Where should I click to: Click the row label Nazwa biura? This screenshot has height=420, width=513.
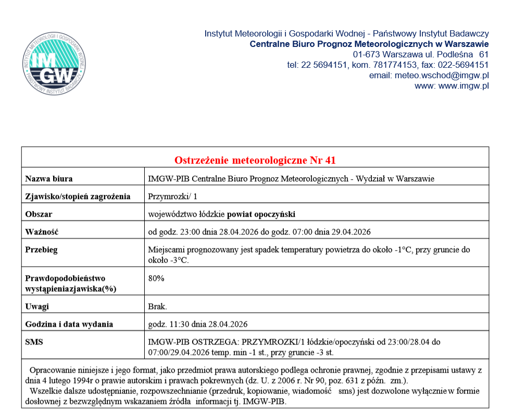point(49,179)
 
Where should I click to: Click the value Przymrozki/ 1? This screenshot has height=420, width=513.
point(172,196)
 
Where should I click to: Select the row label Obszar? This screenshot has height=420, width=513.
point(39,214)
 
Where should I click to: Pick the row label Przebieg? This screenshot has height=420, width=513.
point(41,250)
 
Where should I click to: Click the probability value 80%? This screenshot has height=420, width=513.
point(156,278)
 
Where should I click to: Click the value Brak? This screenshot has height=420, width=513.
point(158,306)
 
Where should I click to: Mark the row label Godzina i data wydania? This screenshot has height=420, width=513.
point(69,324)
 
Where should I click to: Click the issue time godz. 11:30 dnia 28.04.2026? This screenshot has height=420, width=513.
point(198,324)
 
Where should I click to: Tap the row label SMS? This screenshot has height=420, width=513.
point(34,342)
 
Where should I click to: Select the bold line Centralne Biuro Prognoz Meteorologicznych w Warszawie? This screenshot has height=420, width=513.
point(369,44)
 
